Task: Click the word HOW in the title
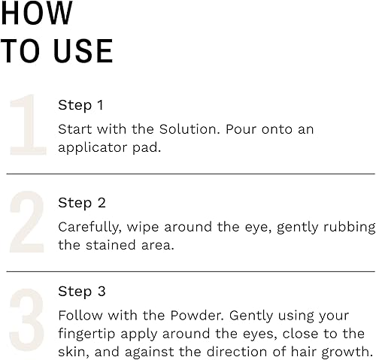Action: point(38,14)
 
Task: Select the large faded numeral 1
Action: point(28,126)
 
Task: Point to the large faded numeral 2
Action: point(28,223)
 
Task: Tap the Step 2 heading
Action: point(82,203)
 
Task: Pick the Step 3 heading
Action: point(82,291)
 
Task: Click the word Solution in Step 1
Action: point(187,129)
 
